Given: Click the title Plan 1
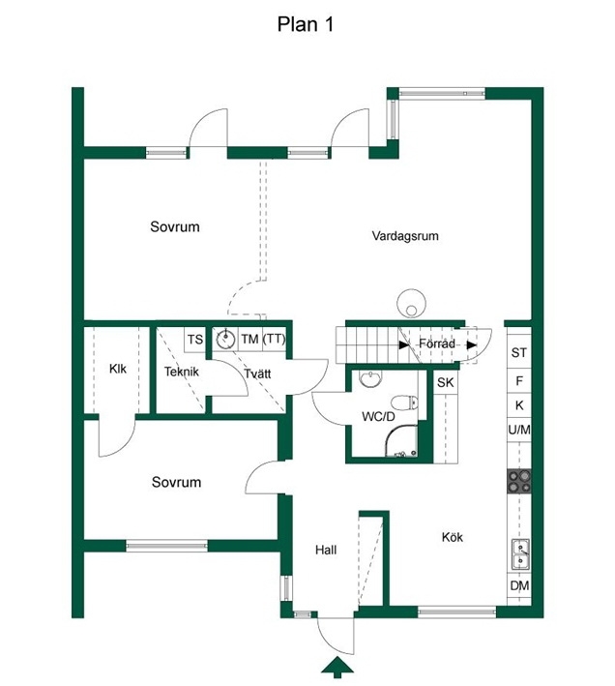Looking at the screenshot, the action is pos(306,24).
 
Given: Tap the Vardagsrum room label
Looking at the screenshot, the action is pos(405,236).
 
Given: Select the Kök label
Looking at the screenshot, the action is pos(453,537).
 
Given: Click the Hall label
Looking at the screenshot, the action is pos(326,550).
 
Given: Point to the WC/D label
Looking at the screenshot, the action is pos(378,416).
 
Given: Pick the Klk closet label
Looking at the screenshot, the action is pos(118,369).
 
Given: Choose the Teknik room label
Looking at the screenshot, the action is pos(182,372).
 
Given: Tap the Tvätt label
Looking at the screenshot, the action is pos(257,373).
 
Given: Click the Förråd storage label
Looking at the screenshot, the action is pos(437,343).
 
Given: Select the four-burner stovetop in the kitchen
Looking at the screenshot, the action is pos(519,481).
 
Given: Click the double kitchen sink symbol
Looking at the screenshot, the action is pos(520,554).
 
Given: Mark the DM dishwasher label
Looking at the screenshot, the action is pos(519,585).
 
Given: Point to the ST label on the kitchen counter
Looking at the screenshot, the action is pos(519,352).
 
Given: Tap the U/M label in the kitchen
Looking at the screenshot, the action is pos(519,430).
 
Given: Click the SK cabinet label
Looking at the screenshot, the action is pos(446,382).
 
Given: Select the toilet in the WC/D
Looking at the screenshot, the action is pos(405,403).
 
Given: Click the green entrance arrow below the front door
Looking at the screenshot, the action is pos(337,668).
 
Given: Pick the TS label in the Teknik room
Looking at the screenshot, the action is pos(195,340).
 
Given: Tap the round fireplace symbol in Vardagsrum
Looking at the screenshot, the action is pos(411,303).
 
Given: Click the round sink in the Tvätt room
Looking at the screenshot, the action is pos(226,339).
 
